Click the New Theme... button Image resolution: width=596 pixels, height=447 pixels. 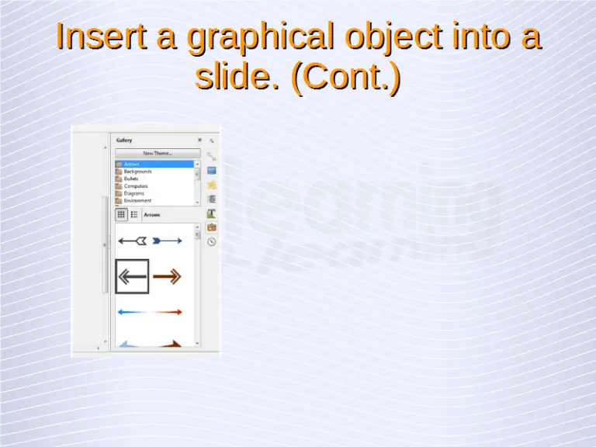[158, 154]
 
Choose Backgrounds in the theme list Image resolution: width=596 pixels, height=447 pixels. [137, 172]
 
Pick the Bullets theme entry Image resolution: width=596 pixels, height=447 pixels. [131, 178]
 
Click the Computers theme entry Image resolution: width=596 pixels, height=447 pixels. [136, 186]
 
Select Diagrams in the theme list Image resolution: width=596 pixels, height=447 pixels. [134, 193]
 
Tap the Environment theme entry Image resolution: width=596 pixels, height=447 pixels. [137, 200]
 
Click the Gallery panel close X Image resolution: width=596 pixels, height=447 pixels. [199, 140]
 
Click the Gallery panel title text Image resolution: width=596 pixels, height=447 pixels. [124, 140]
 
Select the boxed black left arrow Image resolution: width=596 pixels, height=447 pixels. [132, 276]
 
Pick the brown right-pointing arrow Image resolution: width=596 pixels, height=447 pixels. [167, 276]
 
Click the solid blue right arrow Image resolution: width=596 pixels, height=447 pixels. [167, 241]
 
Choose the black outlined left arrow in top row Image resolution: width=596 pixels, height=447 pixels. [132, 241]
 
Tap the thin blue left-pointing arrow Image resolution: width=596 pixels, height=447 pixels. [132, 312]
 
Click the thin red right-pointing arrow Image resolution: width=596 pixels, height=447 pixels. [168, 312]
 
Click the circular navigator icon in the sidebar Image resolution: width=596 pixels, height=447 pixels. [211, 241]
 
